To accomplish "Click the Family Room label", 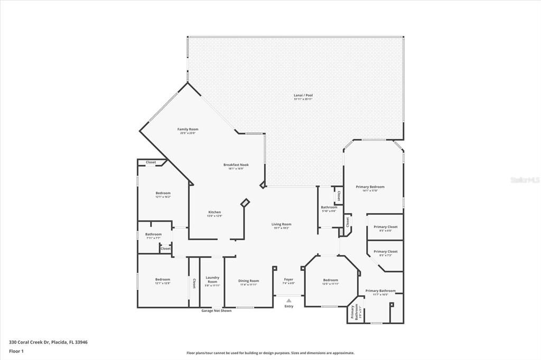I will coord(188,129).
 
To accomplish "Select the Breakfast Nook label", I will coord(238,165).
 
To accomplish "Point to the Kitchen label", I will coord(214,212).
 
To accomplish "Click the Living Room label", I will coord(281,224).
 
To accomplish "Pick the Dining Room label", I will coord(248,281).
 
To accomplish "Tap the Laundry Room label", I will coord(212,279).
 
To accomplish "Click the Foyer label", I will coord(288,280).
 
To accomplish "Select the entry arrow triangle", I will coord(288,300).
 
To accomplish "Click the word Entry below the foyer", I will coord(288,306).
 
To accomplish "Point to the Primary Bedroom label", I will coord(370,187).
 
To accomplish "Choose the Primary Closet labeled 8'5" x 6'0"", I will coord(385,227).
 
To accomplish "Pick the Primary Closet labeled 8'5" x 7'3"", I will coord(385,252).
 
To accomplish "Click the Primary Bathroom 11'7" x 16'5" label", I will coord(380,291).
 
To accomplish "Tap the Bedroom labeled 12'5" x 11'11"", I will coord(331,280).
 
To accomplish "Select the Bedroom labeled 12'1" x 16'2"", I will coord(163,193).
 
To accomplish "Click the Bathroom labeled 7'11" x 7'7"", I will coord(153,234).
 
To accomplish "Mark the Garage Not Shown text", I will coord(216,310).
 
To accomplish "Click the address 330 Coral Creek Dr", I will coord(48,342).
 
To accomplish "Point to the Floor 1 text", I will coord(16,350).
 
